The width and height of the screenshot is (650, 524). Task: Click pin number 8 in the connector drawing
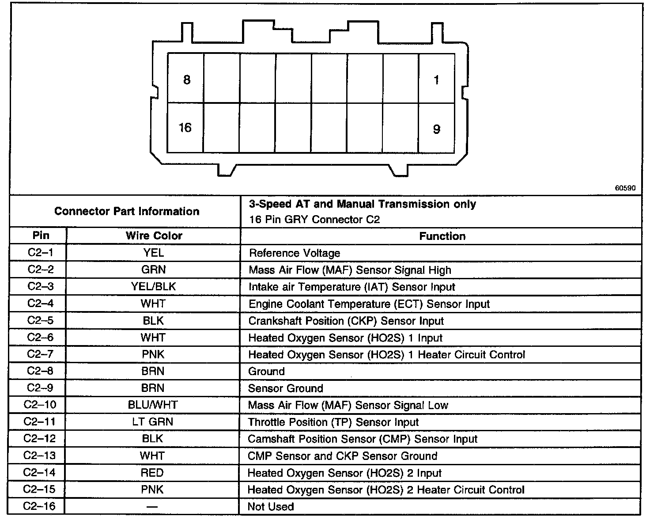[187, 80]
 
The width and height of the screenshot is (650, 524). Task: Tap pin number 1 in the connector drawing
[436, 80]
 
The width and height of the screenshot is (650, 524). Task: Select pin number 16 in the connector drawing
[185, 128]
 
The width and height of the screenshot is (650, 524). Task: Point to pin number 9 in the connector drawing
[436, 129]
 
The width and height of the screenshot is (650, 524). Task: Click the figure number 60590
[625, 188]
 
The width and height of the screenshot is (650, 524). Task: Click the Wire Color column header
[154, 236]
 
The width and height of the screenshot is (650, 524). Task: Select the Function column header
[442, 236]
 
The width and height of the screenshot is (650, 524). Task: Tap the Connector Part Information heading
[127, 211]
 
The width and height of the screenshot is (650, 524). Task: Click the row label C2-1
[40, 253]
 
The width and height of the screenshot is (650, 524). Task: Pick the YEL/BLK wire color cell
[153, 287]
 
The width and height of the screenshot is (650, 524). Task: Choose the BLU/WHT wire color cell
[153, 405]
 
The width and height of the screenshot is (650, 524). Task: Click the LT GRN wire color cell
[152, 421]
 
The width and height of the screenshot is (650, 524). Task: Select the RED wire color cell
[152, 473]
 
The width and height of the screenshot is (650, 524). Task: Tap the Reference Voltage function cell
[295, 253]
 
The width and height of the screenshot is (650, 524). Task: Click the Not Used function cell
[271, 507]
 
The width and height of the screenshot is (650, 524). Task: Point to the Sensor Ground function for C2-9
[285, 388]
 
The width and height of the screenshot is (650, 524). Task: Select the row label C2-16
[40, 506]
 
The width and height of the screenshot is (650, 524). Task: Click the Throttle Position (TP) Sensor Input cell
[333, 422]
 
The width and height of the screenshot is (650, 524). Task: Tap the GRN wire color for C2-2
[153, 270]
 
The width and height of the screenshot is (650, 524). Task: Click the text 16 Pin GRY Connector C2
[314, 220]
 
